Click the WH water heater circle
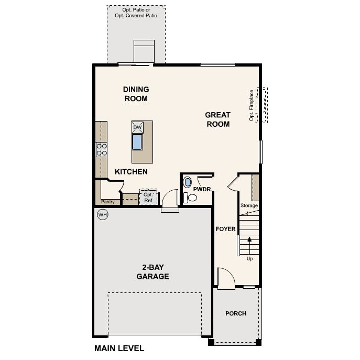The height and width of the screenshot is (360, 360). coord(102,215)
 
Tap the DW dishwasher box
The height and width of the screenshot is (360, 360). coord(137,127)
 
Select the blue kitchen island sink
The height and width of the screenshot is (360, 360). coord(137,143)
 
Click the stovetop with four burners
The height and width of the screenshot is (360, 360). coord(102,149)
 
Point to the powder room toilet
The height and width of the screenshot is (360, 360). coord(190,198)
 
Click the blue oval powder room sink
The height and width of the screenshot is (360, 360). coord(188,182)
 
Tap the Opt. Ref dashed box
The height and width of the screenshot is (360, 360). coord(148,197)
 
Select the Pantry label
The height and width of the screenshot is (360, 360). coord(107,202)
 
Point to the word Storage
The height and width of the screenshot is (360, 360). coord(249,205)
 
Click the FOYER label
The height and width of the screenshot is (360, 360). coord(225,229)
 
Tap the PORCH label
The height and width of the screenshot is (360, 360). coord(236,313)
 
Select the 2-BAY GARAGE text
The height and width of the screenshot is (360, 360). coord(152,272)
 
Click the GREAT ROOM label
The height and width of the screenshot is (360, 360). coord(218,119)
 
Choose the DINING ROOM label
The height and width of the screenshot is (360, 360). coord(136,94)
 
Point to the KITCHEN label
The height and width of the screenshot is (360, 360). coord(131,171)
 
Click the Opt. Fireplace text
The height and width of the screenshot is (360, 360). coord(252,105)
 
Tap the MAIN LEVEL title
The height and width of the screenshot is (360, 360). coord(119,348)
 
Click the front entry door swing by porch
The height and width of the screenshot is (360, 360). coord(226,279)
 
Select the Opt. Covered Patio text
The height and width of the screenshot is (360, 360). coord(136,16)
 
